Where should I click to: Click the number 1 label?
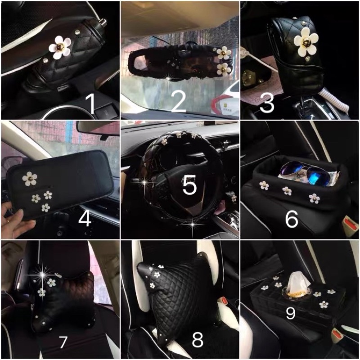90,105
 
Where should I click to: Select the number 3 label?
267,104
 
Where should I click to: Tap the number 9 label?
290,313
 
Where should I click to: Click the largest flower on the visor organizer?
30,179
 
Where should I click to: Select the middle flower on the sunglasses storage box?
287,190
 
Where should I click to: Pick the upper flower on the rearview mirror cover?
222,53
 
